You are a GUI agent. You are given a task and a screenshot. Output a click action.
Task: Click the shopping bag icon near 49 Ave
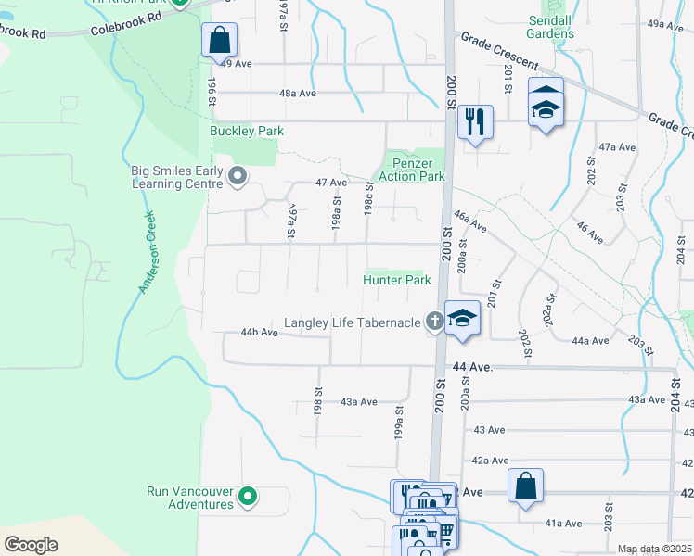click(219, 40)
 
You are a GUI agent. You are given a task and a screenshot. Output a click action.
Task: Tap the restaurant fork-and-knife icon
click(475, 121)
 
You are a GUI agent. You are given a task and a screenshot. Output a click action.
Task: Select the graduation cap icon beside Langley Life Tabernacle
click(462, 319)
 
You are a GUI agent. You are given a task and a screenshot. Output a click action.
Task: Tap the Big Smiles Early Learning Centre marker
click(238, 175)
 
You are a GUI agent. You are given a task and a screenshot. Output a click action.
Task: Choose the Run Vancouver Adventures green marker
click(247, 498)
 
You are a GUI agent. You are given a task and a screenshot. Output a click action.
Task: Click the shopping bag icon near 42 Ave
click(525, 485)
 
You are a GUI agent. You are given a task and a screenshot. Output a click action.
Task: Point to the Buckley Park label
click(247, 132)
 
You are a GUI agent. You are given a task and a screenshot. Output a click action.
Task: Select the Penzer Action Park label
click(412, 170)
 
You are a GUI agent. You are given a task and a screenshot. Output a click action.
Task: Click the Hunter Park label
click(397, 280)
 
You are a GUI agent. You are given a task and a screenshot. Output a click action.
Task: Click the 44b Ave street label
click(260, 332)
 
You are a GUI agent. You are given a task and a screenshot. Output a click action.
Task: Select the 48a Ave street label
click(298, 94)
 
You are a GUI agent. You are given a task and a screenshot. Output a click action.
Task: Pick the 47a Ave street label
click(617, 147)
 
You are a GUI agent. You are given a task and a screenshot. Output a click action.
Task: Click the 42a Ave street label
click(490, 461)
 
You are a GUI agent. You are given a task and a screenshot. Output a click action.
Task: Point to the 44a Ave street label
click(590, 341)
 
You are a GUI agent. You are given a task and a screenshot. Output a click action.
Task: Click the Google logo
click(32, 544)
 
